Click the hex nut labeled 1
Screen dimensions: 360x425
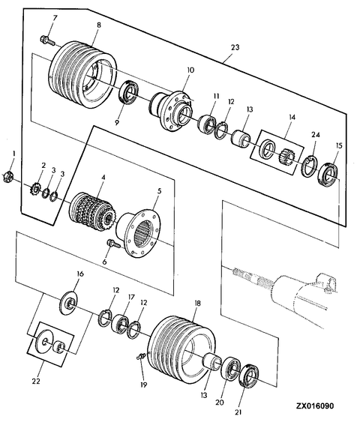click(7, 177)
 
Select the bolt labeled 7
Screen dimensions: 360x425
click(47, 40)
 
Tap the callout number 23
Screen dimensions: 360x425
click(235, 47)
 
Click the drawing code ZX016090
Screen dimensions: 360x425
click(315, 406)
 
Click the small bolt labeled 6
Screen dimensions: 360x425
click(114, 244)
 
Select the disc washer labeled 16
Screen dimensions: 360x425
click(68, 303)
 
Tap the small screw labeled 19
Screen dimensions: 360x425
click(140, 357)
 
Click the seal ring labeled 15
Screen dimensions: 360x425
click(328, 174)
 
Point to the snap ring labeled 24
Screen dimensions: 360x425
click(308, 166)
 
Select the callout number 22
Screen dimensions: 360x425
click(36, 381)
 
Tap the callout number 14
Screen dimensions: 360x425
click(292, 117)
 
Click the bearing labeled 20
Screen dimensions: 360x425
click(231, 368)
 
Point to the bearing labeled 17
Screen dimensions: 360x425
click(120, 323)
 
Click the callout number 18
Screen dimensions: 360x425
click(197, 304)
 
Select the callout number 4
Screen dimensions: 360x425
click(103, 178)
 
